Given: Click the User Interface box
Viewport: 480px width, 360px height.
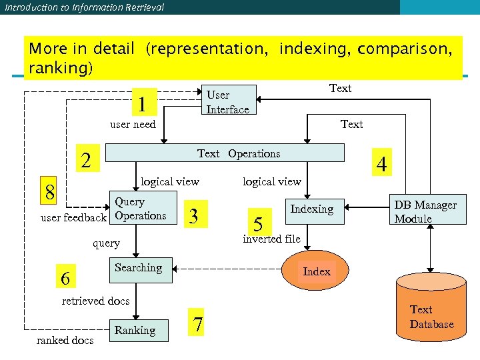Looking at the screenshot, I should point(229,100).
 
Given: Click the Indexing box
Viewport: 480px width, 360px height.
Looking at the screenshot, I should point(312,209).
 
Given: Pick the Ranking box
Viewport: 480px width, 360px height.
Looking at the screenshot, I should point(136,330).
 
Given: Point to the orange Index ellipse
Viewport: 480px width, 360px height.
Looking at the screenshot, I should point(316,271).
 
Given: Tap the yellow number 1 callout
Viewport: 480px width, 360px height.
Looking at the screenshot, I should point(142,104).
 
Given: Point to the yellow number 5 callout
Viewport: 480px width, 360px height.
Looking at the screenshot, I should point(259,222).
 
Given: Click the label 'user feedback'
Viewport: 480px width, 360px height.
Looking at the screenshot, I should point(73,218).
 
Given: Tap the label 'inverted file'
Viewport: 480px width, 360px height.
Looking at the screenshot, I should point(271,239).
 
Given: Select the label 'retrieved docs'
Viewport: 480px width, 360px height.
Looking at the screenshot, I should point(95,301).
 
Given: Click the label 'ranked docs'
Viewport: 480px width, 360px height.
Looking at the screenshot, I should point(65,341).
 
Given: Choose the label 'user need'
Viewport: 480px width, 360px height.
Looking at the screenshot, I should point(132,124).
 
